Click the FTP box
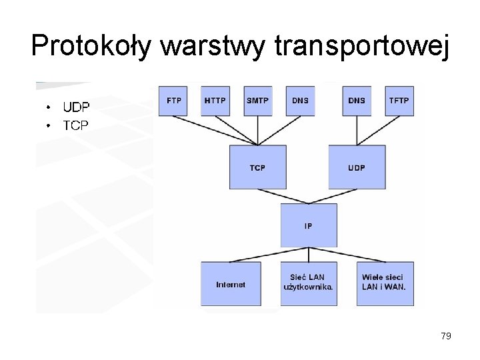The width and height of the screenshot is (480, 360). click(173, 101)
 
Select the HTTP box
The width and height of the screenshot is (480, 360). click(215, 101)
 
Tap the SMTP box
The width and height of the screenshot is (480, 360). click(257, 101)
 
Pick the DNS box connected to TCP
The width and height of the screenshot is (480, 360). click(300, 101)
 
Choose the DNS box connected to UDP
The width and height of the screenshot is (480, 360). click(356, 101)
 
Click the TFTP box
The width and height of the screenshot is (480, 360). click(399, 101)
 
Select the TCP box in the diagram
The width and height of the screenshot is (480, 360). click(257, 167)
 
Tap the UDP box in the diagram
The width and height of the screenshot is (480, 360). click(356, 167)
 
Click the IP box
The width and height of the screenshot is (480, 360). click(308, 226)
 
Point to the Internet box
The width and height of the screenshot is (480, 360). click(231, 284)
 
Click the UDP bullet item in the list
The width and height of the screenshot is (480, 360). click(76, 107)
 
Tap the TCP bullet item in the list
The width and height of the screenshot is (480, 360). click(75, 125)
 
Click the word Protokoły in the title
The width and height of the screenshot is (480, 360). click(92, 46)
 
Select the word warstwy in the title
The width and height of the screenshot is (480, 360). click(215, 46)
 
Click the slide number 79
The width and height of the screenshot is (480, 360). click(446, 336)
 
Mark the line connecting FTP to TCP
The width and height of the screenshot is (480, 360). click(215, 130)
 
